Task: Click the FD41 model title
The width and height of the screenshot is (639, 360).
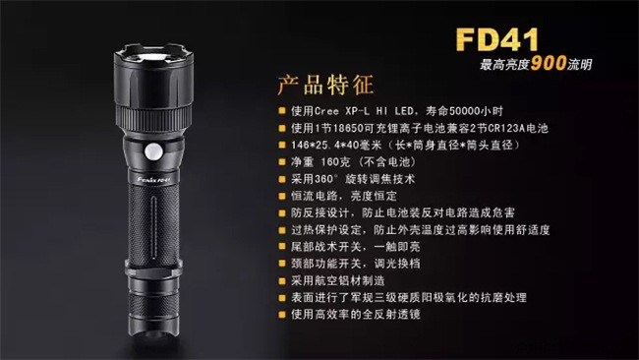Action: click(x=497, y=39)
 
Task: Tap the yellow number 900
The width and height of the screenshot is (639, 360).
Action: click(x=549, y=63)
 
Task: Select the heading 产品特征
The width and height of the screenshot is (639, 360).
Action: click(x=325, y=85)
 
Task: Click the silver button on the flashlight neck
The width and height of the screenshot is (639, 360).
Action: click(x=153, y=151)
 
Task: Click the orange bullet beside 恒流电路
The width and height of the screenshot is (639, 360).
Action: click(x=281, y=196)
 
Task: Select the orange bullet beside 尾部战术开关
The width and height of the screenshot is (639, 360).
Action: click(x=281, y=247)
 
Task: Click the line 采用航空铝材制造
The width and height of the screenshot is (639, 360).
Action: click(x=338, y=280)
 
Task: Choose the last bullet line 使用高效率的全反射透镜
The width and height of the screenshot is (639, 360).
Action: click(x=355, y=315)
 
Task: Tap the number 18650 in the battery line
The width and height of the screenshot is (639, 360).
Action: click(x=347, y=128)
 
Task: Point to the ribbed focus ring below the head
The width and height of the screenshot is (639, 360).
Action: click(x=153, y=117)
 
